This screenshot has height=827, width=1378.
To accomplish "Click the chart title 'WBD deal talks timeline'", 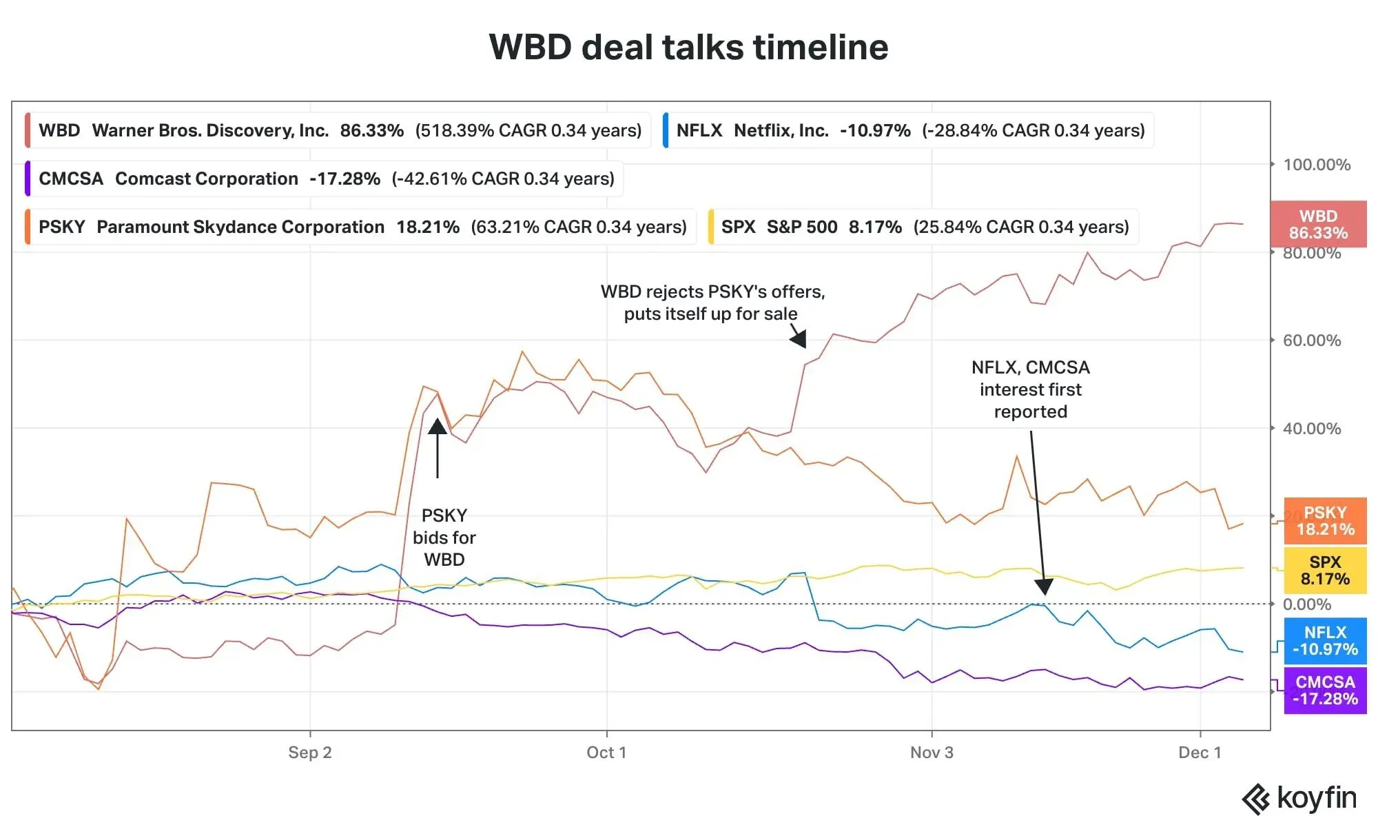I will (x=688, y=47).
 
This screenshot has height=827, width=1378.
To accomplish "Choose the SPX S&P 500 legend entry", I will (x=924, y=227).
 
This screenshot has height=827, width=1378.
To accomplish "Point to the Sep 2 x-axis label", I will (x=309, y=752).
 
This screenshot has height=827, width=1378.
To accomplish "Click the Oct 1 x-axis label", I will (x=606, y=752).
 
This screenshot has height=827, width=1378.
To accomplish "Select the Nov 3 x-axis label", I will (x=932, y=752).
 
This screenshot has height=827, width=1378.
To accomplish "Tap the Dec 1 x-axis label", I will (x=1200, y=752).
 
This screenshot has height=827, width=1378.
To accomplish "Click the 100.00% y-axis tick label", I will (x=1316, y=165).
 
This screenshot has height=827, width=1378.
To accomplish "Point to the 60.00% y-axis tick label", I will (x=1311, y=340).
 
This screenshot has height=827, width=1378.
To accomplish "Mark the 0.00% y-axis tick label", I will (x=1306, y=604).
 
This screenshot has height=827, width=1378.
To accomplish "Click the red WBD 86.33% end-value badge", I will (x=1318, y=225).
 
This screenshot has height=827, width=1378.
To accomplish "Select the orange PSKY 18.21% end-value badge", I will (x=1325, y=521).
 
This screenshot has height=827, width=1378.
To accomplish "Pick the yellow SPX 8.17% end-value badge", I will (x=1325, y=571).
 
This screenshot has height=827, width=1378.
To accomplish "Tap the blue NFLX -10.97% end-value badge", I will (x=1325, y=641).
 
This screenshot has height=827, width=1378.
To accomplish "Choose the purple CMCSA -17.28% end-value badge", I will (x=1325, y=690).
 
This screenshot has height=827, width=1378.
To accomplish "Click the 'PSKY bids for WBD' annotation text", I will (x=444, y=538).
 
